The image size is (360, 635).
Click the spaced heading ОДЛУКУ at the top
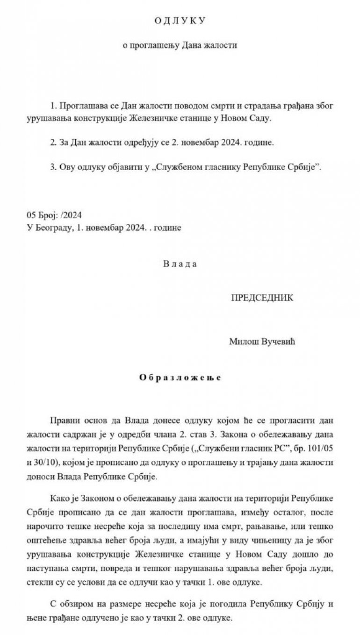(180, 21)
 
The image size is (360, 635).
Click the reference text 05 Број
(42, 215)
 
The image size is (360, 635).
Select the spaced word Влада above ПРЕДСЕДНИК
(180, 264)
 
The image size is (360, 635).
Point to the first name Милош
(241, 342)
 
